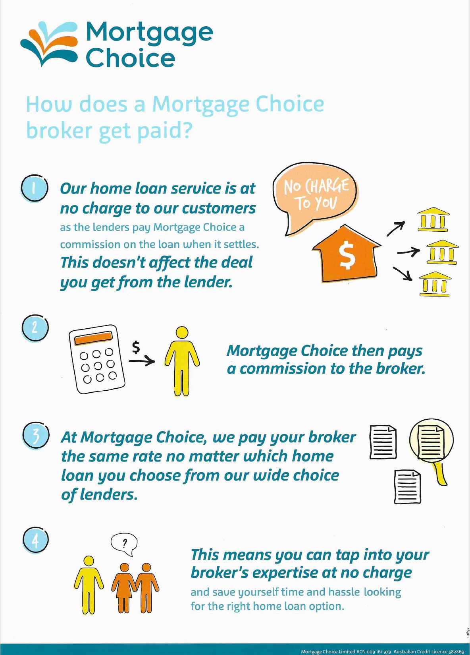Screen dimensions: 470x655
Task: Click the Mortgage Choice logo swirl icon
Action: tap(49, 43)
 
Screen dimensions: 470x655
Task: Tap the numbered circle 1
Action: tap(35, 188)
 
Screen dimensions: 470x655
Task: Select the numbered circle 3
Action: tap(36, 435)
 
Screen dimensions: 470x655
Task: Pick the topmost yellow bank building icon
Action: tap(433, 219)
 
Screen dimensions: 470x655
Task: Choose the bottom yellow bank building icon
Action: tap(435, 284)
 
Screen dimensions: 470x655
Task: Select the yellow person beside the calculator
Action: tap(182, 361)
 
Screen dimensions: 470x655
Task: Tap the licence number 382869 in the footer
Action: tap(457, 651)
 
